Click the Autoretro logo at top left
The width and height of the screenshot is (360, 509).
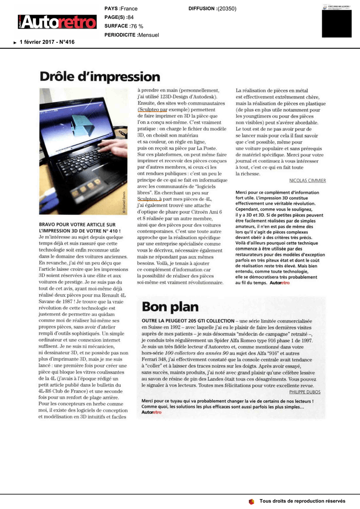55,22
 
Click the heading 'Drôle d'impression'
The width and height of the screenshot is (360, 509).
100,78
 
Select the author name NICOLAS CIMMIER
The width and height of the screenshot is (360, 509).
307,181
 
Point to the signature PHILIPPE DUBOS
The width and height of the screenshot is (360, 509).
305,392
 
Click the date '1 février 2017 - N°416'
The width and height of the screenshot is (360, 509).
47,42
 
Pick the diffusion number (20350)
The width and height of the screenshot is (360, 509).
227,8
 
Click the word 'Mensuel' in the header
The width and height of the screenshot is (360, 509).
149,35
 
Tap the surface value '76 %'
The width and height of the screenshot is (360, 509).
137,26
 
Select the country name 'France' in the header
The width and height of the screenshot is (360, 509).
129,8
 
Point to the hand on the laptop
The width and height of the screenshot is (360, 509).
115,148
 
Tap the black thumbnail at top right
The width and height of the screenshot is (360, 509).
337,22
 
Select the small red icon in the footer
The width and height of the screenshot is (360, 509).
252,501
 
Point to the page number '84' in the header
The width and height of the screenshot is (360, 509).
131,17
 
